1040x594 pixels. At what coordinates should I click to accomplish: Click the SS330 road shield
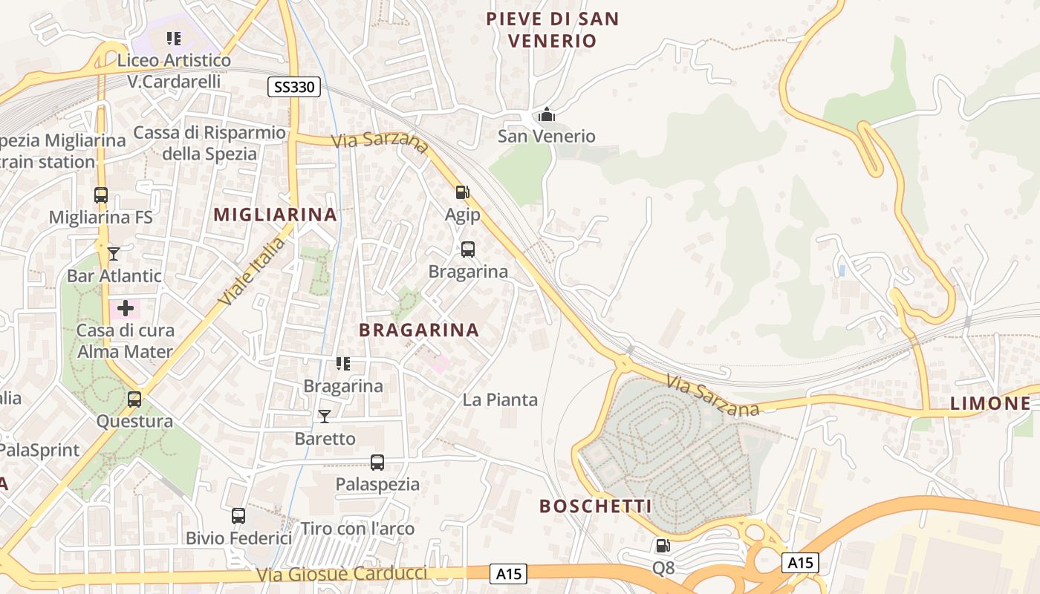pyautogui.click(x=293, y=87)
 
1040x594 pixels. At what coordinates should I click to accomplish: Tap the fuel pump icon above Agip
pyautogui.click(x=462, y=192)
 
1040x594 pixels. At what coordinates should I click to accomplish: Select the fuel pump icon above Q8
pyautogui.click(x=662, y=546)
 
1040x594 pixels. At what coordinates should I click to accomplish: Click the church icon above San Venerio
pyautogui.click(x=547, y=114)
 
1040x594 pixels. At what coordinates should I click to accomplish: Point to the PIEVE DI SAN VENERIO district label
pyautogui.click(x=553, y=30)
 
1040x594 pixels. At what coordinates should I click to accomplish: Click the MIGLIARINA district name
pyautogui.click(x=275, y=215)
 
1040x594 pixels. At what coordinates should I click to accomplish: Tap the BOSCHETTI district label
pyautogui.click(x=595, y=506)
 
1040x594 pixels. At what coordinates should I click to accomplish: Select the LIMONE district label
pyautogui.click(x=990, y=403)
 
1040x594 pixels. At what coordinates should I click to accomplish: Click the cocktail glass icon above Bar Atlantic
pyautogui.click(x=114, y=254)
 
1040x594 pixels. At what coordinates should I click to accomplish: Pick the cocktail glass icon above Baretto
pyautogui.click(x=325, y=416)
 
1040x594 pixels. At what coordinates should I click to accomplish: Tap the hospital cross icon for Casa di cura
pyautogui.click(x=126, y=307)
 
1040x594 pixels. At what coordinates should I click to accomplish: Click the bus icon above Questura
pyautogui.click(x=134, y=399)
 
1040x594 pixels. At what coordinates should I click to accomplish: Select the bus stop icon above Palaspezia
pyautogui.click(x=377, y=462)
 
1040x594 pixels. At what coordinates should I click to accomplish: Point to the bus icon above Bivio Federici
pyautogui.click(x=238, y=515)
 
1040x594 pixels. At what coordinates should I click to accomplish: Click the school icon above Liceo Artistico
pyautogui.click(x=174, y=38)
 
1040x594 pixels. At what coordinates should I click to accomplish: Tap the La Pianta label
pyautogui.click(x=500, y=399)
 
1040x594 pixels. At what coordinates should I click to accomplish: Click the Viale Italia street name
pyautogui.click(x=253, y=271)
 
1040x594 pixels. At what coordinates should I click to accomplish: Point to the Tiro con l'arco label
pyautogui.click(x=357, y=529)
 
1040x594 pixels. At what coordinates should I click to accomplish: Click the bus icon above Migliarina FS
pyautogui.click(x=101, y=195)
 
